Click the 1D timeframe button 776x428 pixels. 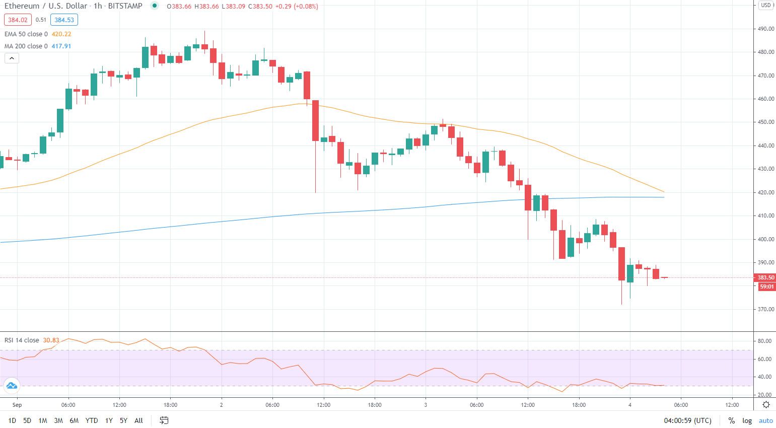point(12,420)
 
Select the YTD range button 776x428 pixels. point(92,420)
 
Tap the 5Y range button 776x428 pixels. point(123,420)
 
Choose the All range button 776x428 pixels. point(139,420)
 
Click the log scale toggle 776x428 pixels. point(747,420)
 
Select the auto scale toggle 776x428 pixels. point(765,420)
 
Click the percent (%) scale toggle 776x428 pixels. point(731,420)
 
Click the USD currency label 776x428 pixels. point(765,5)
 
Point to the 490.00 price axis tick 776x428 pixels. point(766,29)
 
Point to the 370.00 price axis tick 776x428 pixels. point(766,309)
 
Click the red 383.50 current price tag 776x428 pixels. point(765,277)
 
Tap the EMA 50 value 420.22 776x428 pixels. point(61,34)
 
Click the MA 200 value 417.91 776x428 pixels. point(61,46)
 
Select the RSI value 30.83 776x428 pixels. point(51,340)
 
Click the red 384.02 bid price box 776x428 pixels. point(18,20)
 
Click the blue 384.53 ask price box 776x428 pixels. point(64,20)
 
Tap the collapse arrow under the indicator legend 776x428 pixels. point(12,58)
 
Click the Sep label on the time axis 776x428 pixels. point(17,405)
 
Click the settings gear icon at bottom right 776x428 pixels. point(766,405)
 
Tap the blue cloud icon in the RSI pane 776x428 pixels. point(11,386)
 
